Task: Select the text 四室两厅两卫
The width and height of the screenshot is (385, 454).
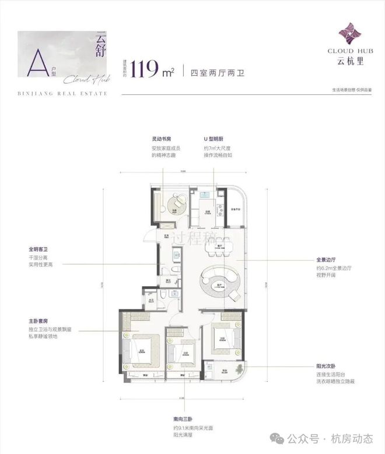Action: coord(210,72)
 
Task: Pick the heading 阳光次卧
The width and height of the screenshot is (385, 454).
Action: coord(329,367)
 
